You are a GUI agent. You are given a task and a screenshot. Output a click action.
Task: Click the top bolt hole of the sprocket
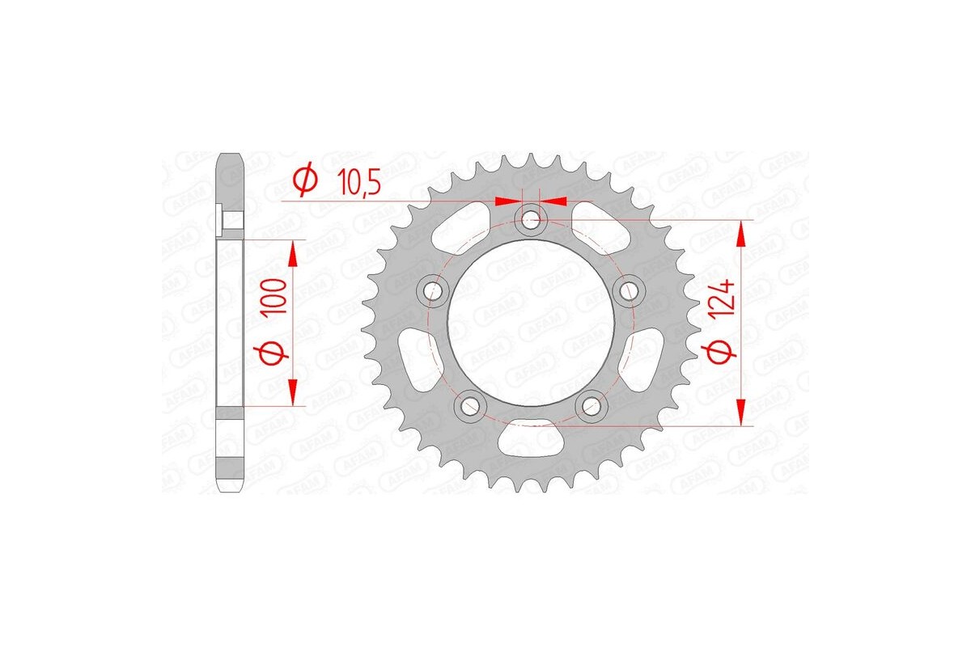click(x=531, y=219)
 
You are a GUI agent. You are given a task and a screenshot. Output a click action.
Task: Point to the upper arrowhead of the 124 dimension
click(x=740, y=235)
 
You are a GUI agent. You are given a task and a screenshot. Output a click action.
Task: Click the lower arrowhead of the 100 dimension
click(x=293, y=391)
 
